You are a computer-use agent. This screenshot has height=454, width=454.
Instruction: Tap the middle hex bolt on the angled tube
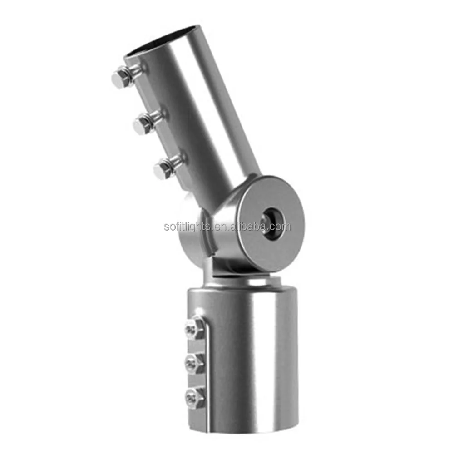(143, 123)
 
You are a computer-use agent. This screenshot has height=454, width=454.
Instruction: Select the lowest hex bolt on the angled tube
(164, 169)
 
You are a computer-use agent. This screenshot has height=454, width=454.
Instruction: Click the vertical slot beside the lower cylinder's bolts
(207, 363)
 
